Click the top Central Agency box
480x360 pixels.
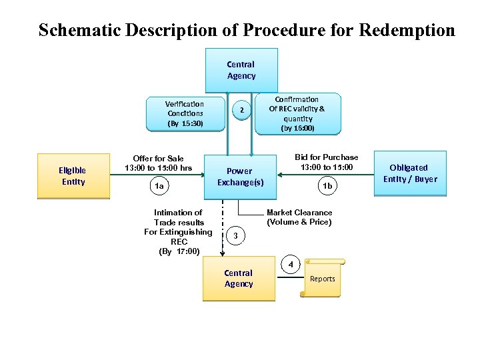[x=241, y=70]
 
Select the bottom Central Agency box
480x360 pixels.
[x=239, y=278]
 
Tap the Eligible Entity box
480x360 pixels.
[x=73, y=176]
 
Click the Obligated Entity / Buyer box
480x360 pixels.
[x=409, y=173]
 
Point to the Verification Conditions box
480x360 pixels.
[x=185, y=113]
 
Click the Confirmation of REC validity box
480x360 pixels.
[x=297, y=113]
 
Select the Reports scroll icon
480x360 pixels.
[x=323, y=278]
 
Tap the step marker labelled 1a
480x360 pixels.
[x=159, y=187]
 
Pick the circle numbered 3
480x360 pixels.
[x=235, y=236]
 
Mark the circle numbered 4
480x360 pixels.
[x=291, y=264]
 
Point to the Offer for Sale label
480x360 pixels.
[x=158, y=163]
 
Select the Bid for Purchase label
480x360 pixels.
[x=327, y=161]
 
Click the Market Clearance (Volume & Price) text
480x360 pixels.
[x=299, y=217]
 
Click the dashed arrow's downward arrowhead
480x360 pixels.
[x=222, y=253]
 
